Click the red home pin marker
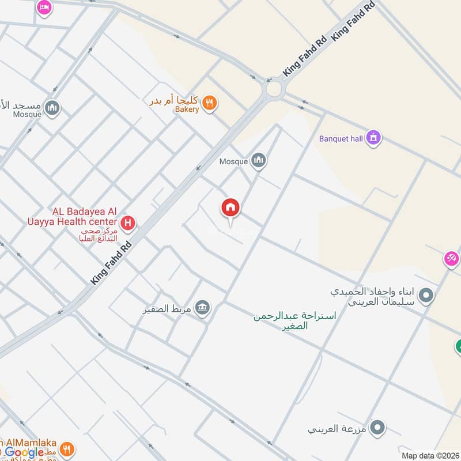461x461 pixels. point(231,208)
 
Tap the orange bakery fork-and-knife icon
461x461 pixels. point(210,103)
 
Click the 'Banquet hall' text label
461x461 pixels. point(341,139)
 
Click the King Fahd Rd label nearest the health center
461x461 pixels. point(111,262)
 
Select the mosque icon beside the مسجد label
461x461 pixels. point(52,108)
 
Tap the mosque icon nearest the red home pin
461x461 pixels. point(259,161)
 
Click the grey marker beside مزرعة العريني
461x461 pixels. point(377,428)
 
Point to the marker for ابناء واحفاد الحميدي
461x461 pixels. point(426,296)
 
